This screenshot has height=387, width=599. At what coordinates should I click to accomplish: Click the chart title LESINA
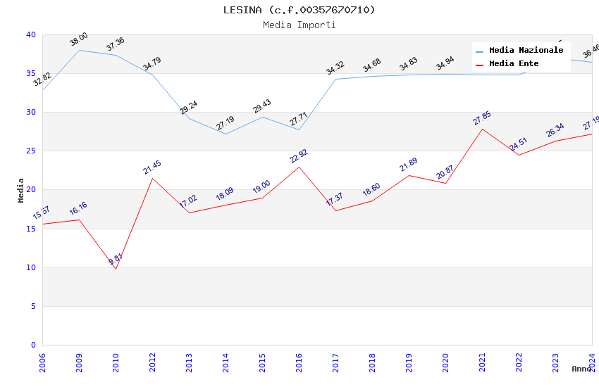(x=299, y=10)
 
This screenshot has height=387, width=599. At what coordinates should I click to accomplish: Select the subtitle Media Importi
(x=299, y=25)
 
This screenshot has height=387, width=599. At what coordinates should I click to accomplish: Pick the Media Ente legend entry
(x=514, y=64)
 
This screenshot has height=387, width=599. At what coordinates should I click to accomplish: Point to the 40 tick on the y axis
(x=30, y=35)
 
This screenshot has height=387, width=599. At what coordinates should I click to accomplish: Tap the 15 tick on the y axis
(x=30, y=229)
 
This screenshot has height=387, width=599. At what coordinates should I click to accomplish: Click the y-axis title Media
(x=21, y=190)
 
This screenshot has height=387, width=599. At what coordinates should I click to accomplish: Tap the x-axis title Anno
(x=581, y=369)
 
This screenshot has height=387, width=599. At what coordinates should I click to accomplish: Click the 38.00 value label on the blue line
(x=79, y=39)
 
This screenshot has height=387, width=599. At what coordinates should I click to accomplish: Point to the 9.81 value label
(x=116, y=259)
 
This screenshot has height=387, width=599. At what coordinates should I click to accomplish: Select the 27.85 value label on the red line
(x=482, y=118)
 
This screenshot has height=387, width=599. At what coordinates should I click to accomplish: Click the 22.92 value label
(x=299, y=156)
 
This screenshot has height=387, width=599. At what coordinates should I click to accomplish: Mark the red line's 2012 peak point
(x=152, y=178)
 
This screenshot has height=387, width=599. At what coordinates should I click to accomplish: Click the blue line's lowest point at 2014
(x=226, y=134)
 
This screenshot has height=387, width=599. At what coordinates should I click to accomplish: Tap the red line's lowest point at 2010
(x=116, y=269)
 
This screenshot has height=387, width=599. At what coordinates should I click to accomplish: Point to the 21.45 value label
(x=152, y=167)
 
